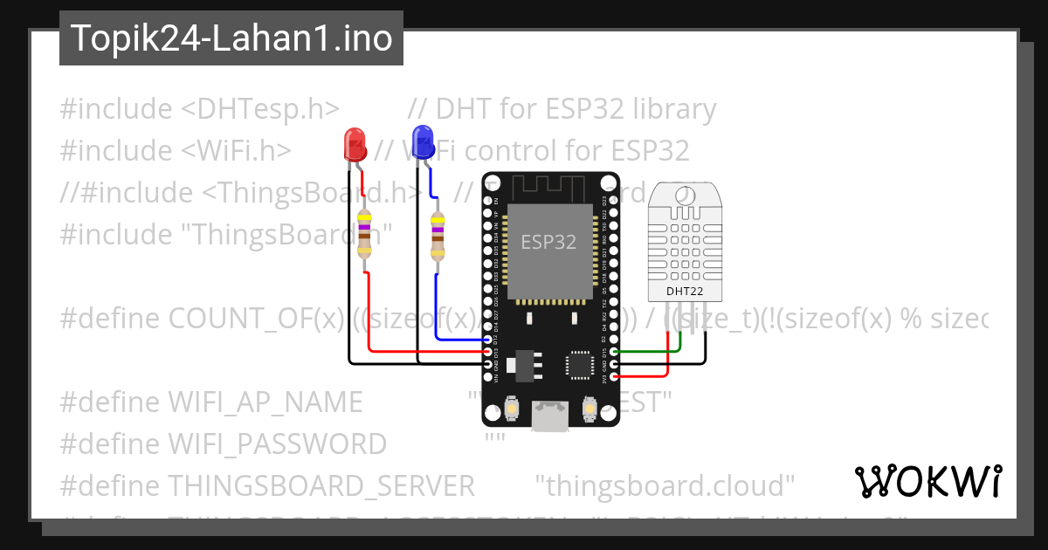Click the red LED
point(354,142)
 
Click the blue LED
point(423,140)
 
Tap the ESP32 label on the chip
point(548,243)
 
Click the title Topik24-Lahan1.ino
point(231,38)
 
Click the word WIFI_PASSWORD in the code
point(277,443)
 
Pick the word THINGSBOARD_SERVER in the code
point(321,485)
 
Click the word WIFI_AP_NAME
point(265,402)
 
